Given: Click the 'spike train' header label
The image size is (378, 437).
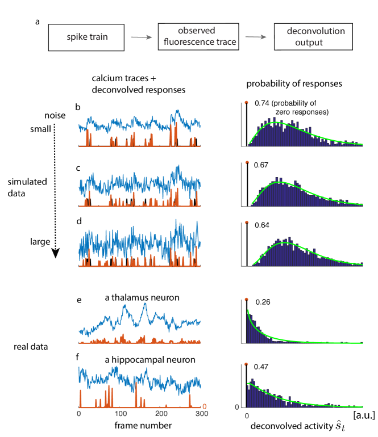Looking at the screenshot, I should coord(87,37).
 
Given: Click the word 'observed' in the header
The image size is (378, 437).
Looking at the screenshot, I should coord(196,31).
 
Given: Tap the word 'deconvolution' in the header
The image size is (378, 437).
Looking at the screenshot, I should coord(315,31).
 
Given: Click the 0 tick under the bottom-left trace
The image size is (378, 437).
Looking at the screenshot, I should coord(78,415).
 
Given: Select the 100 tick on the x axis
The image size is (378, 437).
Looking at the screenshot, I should coord(120,415).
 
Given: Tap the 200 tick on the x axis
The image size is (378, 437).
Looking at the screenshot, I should coord(161,415).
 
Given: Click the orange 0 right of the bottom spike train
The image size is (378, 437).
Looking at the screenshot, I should coord(205,406).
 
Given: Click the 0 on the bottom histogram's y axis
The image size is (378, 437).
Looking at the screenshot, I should coord(238,407).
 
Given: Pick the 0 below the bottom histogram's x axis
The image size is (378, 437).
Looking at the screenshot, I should coord(247,416).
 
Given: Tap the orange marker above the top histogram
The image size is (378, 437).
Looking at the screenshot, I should coord(246,102).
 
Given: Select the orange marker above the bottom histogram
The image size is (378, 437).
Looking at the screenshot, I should coord(246,364).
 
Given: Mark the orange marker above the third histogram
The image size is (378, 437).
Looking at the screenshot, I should coord(246,222).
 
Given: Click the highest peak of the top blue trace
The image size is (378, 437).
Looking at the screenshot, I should coord(178,110).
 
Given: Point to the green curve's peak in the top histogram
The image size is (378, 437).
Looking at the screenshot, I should coord(275,122).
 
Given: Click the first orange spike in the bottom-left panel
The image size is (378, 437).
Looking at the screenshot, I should coord(81,397).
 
